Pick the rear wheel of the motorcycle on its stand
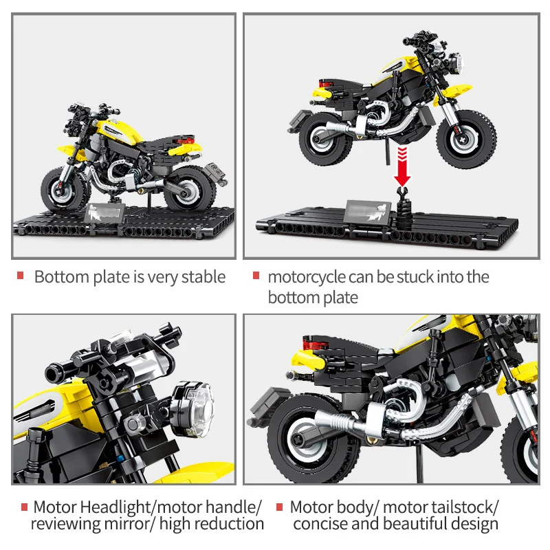tap(186, 188)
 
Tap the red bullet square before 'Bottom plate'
tap(21, 276)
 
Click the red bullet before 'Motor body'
tap(280, 507)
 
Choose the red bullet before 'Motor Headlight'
tap(25, 507)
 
